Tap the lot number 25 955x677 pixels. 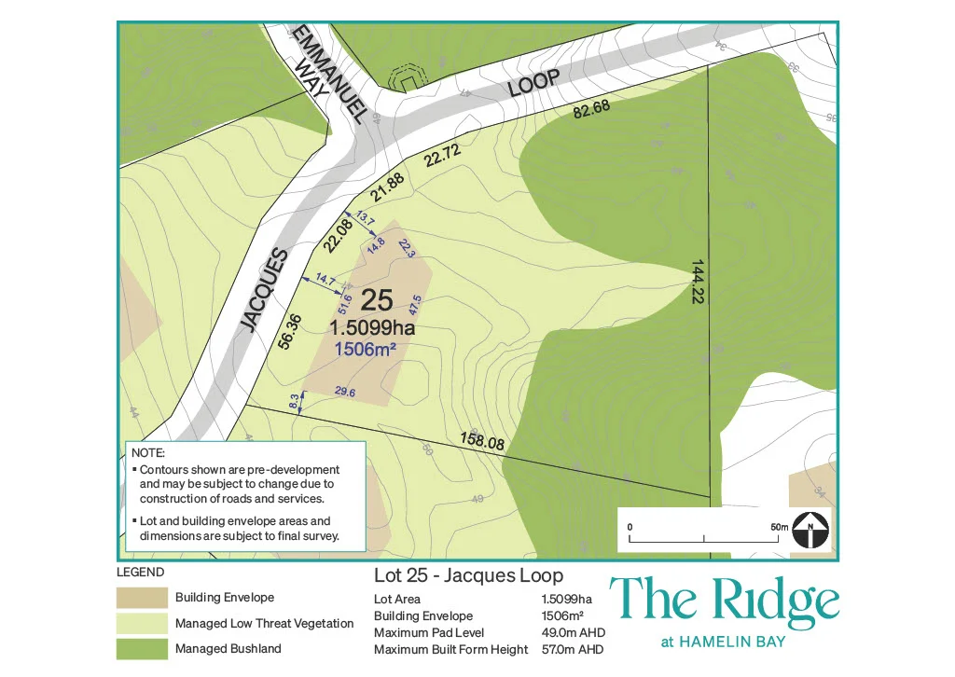[376, 300]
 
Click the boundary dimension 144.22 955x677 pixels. [697, 282]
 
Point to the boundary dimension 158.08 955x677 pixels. [482, 439]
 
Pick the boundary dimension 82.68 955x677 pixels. [592, 109]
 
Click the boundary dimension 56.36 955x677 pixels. [290, 333]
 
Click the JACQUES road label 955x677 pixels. [262, 290]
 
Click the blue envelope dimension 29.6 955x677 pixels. [344, 393]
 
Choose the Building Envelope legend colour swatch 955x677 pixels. [140, 597]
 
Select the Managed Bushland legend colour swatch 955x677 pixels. [140, 648]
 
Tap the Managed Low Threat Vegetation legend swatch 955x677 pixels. [140, 622]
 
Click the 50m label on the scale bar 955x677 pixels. [780, 528]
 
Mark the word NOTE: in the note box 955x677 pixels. [149, 452]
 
